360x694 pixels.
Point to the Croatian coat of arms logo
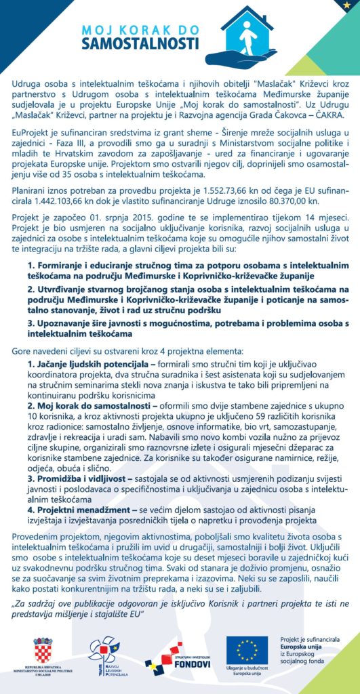tap(43, 649)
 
